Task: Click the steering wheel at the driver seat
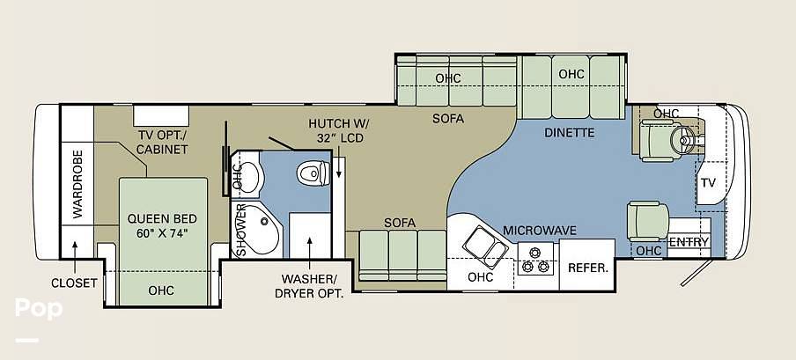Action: [x=682, y=137]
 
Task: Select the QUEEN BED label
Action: [x=162, y=219]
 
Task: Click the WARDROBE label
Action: [x=77, y=184]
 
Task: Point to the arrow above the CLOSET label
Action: [x=75, y=258]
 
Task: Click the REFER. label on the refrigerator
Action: [x=588, y=268]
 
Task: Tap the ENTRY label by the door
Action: [x=689, y=242]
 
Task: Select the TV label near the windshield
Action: [x=708, y=183]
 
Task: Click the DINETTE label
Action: [x=569, y=133]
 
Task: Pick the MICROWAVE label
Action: [x=540, y=231]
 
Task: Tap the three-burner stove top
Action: [x=535, y=259]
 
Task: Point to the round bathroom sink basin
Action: [x=247, y=176]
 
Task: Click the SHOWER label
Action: [x=241, y=230]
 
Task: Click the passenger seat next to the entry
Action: [x=647, y=220]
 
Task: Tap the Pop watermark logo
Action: [x=39, y=308]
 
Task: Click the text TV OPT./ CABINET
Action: [x=163, y=143]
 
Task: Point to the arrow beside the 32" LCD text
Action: [x=339, y=167]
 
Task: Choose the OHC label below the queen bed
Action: [x=161, y=290]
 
